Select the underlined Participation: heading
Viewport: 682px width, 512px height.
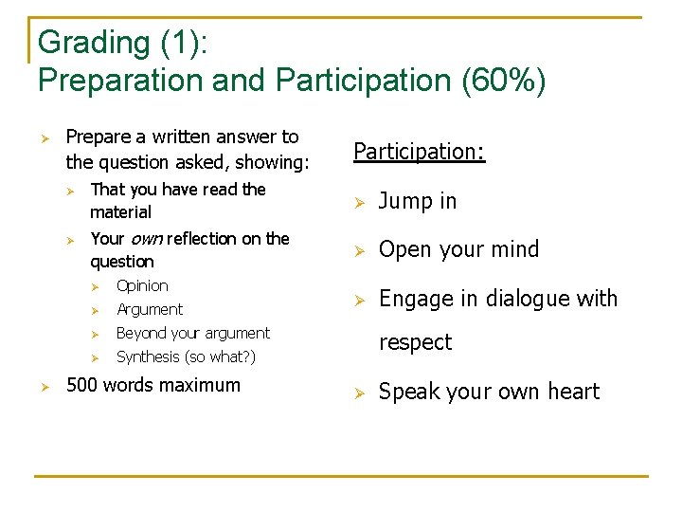coord(420,152)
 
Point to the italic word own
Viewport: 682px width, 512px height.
coord(147,238)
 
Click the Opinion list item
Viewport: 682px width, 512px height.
coord(142,285)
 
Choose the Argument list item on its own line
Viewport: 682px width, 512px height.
coord(150,309)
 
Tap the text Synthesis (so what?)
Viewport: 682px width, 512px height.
coord(186,357)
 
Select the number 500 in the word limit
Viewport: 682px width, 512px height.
coord(82,385)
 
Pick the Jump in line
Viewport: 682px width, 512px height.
coord(418,201)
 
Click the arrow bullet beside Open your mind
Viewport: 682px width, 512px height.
coord(359,250)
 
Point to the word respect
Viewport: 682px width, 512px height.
coord(416,342)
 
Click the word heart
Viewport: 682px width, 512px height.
coord(572,392)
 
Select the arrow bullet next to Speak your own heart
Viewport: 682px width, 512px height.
coord(359,393)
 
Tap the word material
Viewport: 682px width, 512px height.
coord(120,212)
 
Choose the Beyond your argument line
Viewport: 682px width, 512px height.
coord(193,333)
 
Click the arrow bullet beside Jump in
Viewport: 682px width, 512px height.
coord(359,202)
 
